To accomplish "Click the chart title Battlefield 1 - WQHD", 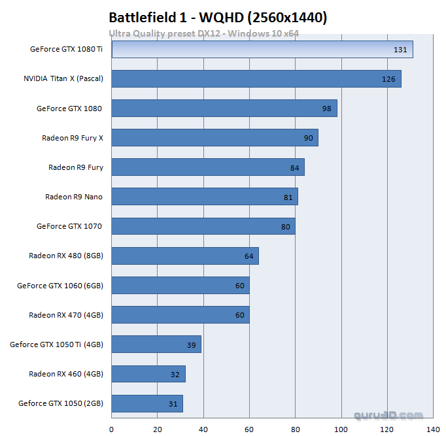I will tap(217, 17).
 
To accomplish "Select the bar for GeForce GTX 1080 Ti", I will tap(262, 49).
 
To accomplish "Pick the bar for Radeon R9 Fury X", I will tap(214, 137).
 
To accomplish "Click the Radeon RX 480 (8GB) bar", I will tap(185, 256).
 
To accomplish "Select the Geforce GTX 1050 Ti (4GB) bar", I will tap(156, 344).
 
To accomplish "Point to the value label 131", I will tap(400, 50).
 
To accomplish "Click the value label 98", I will tap(327, 109).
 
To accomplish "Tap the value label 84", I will tap(295, 168).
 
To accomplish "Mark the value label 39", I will tap(192, 344).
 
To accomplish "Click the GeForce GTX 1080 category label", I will tap(69, 109).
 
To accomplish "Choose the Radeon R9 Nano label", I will tap(74, 197).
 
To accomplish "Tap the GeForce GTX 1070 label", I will tap(69, 226).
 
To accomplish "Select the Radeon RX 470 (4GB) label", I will tap(66, 314).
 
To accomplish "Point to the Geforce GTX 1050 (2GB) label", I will tap(61, 403).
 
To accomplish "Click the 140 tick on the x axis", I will tap(433, 429).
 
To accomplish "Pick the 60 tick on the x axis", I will tap(249, 429).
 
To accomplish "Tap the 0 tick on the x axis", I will tap(112, 429).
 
